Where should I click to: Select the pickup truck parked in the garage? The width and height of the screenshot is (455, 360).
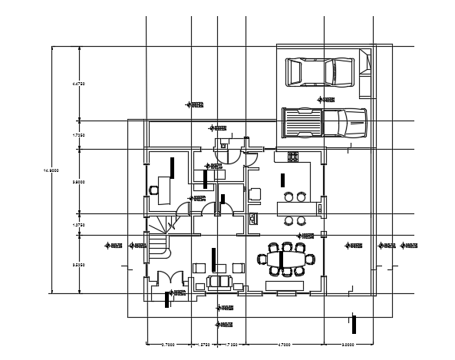click(x=324, y=122)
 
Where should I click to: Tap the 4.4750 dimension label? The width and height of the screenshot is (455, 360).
click(x=77, y=83)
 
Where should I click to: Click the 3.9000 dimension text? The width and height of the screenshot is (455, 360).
click(x=77, y=182)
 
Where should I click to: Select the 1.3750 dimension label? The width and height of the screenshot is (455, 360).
click(x=77, y=225)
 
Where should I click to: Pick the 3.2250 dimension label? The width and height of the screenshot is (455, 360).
click(x=77, y=264)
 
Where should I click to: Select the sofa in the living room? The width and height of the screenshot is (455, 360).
click(x=220, y=282)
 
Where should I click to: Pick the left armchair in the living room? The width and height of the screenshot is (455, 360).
click(x=199, y=268)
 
